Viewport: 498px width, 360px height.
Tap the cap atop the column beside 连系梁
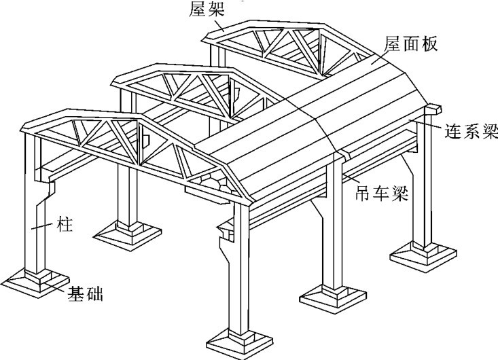click(x=432, y=109)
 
